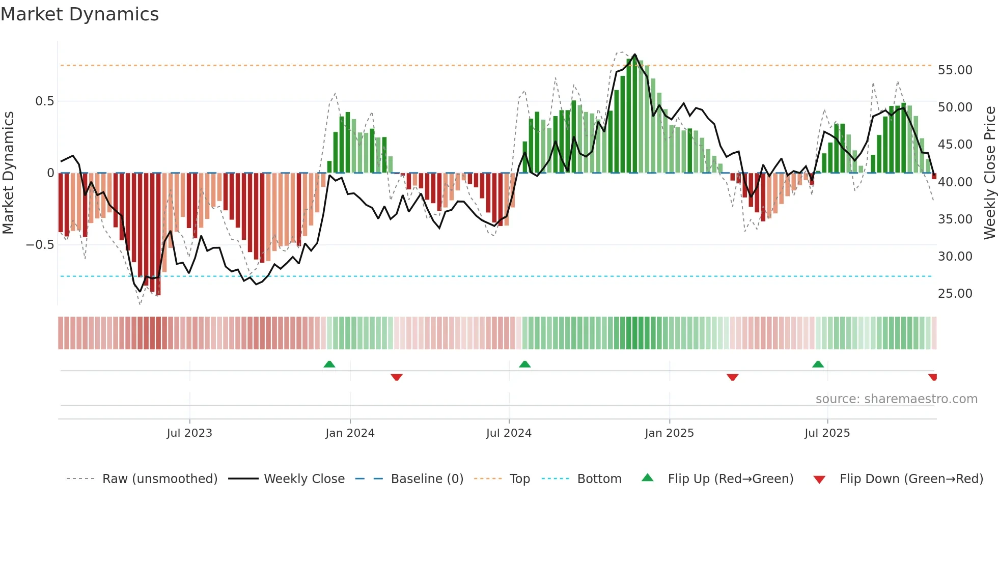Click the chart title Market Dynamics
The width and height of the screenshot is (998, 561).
(79, 14)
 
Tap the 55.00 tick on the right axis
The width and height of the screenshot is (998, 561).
(955, 70)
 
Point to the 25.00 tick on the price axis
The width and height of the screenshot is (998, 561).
(955, 294)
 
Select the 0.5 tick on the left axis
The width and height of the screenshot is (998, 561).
(44, 101)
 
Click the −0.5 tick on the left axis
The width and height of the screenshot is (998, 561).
(40, 245)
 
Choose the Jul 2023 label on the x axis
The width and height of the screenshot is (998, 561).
(189, 433)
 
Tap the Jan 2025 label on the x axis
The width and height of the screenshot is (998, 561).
(669, 433)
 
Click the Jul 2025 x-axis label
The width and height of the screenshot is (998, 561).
(827, 433)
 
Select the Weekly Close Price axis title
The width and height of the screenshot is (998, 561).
(989, 173)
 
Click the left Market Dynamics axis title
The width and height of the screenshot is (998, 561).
(8, 173)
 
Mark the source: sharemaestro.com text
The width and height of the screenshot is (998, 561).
(896, 399)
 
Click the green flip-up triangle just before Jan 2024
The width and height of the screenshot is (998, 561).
(329, 364)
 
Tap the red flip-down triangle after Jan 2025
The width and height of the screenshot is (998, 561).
(732, 377)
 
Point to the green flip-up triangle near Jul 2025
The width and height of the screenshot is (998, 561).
(818, 364)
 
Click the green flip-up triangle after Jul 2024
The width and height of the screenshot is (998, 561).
(524, 364)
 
